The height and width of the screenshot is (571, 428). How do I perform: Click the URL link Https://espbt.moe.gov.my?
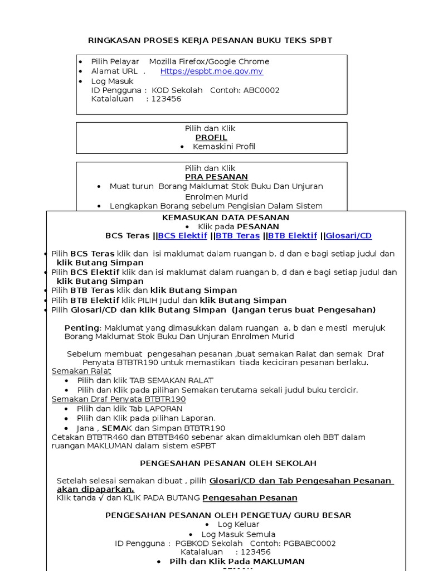point(211,71)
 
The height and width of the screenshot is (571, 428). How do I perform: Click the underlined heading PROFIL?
point(211,137)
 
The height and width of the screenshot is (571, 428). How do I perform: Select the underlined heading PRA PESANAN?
point(211,177)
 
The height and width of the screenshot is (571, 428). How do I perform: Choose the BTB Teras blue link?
point(237,236)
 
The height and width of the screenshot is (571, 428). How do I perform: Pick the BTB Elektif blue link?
point(293,236)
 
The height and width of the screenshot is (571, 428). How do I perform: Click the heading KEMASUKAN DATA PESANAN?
point(226,217)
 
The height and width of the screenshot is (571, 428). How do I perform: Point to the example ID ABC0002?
point(261,90)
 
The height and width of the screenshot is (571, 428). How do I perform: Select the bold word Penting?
point(81,328)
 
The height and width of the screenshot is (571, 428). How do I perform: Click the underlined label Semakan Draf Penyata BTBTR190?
point(119,399)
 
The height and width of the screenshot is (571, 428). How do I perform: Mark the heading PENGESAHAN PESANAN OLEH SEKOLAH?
point(228,463)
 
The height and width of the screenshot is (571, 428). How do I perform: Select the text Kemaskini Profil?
point(224,147)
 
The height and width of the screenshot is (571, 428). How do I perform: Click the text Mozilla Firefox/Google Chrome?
point(209,61)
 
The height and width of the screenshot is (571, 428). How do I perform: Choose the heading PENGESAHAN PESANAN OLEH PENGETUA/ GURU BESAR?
point(228,515)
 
